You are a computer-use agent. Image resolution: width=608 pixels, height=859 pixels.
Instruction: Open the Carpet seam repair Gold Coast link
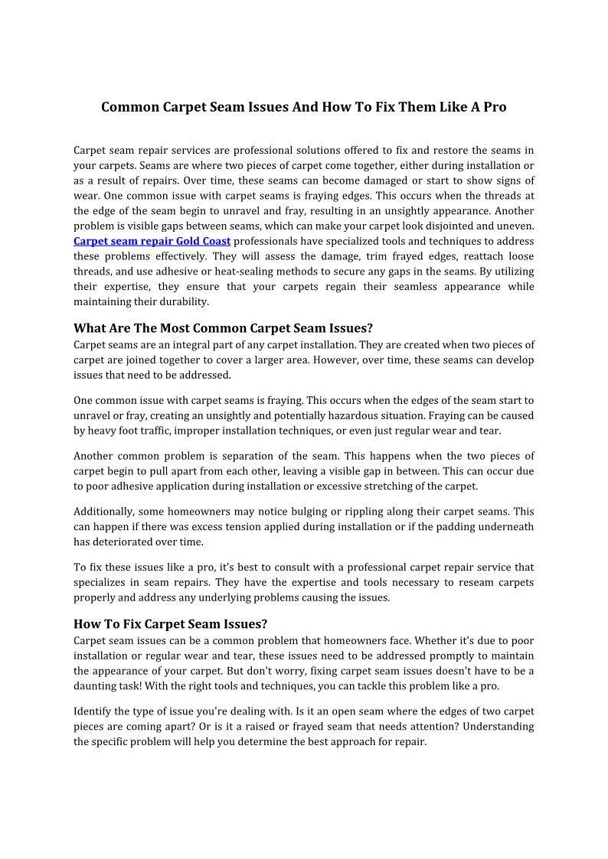coord(152,242)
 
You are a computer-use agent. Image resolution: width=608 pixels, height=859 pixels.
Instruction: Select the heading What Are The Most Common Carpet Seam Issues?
coord(223,329)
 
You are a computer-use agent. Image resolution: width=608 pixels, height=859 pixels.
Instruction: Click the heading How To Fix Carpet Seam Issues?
coord(170,624)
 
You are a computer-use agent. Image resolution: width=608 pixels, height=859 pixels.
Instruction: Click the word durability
coord(183,302)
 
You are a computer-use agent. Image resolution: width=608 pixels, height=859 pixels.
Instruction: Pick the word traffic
coord(168,431)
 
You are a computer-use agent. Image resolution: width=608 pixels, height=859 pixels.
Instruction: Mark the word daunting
coord(94,686)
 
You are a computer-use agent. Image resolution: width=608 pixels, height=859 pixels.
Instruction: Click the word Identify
coord(93,711)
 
